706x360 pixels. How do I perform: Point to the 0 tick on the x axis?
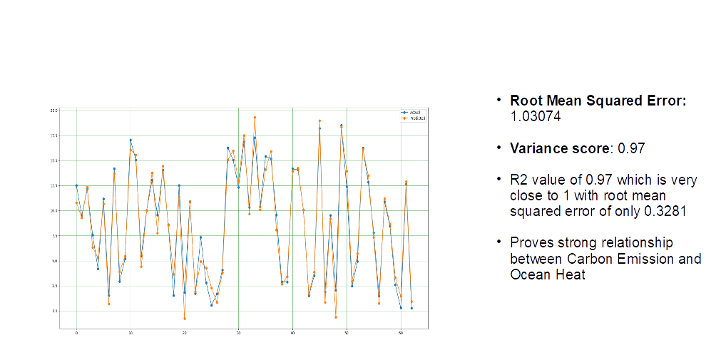(76, 333)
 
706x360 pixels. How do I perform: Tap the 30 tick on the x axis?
(238, 333)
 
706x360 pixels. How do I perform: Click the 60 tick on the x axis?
(401, 333)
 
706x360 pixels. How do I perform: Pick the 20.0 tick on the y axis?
(53, 110)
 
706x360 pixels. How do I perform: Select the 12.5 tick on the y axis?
(53, 185)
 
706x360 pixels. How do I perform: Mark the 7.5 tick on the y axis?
(53, 235)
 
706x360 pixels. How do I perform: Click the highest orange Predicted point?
(255, 118)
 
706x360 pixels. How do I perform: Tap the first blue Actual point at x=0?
(76, 185)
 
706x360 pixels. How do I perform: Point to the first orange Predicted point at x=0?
(76, 202)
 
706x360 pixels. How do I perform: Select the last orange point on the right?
(411, 302)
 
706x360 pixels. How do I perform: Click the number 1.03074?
(535, 117)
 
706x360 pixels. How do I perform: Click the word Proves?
(532, 243)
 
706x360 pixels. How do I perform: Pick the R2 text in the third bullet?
(518, 180)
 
